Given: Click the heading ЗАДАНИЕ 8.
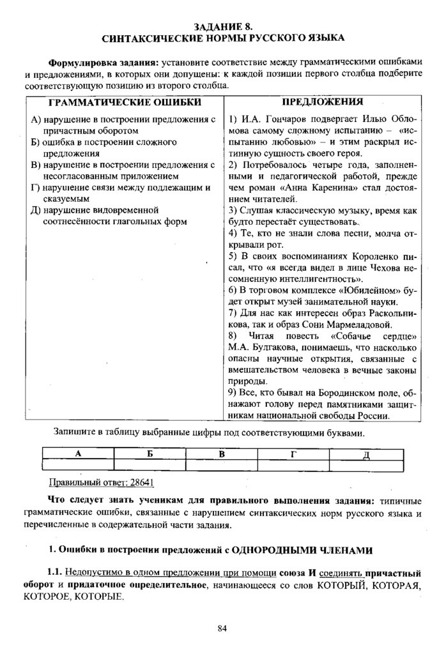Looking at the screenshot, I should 223,26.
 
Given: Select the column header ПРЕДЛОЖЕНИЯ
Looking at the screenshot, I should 323,102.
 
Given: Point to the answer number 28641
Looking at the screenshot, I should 141,481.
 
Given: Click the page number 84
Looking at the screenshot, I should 222,628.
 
